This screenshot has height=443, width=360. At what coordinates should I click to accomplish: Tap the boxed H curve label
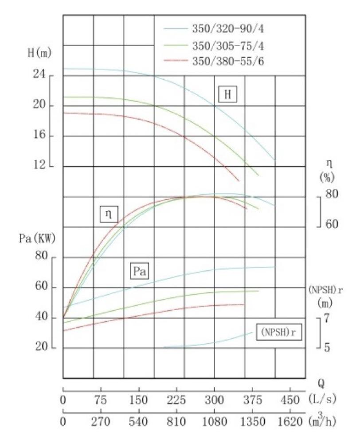tap(228, 94)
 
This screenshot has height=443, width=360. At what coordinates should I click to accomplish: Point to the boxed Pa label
tap(140, 271)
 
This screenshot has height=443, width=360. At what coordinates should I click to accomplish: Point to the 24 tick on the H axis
tap(41, 76)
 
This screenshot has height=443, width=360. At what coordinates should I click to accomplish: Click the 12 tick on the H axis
tap(41, 166)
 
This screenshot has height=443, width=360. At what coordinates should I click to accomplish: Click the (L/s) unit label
tap(321, 400)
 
